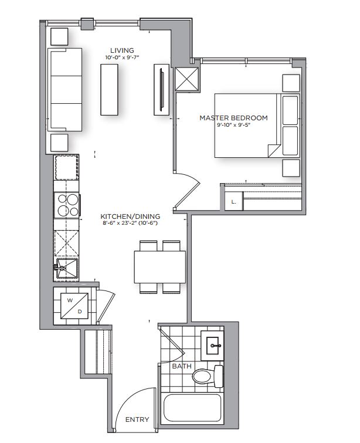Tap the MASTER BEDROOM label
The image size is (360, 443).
point(233,118)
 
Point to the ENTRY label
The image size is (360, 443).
point(137,420)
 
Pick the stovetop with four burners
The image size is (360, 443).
point(66,206)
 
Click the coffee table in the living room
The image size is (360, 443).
point(110,89)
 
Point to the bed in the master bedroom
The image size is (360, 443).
point(256,125)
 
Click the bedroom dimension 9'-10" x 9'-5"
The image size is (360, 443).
point(233,126)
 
